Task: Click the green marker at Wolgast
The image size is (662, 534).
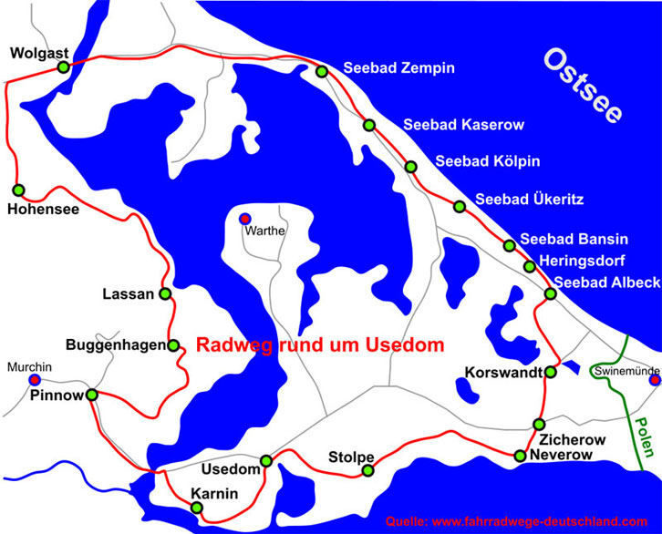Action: click(x=63, y=67)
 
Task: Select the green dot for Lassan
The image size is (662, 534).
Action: click(x=165, y=293)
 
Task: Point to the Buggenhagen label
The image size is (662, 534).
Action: click(x=116, y=345)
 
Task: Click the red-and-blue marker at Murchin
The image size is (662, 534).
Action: click(x=35, y=380)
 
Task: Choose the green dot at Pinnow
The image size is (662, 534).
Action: click(x=91, y=395)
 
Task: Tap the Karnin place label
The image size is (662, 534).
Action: click(x=214, y=494)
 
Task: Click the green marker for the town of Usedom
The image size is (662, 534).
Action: click(x=266, y=460)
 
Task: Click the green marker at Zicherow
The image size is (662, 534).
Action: click(x=539, y=426)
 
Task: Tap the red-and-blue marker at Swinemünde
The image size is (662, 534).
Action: click(x=655, y=380)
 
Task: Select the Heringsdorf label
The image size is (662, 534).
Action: click(x=584, y=261)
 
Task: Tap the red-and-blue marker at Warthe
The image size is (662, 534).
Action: click(x=244, y=219)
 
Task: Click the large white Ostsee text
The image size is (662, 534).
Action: click(x=583, y=87)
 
